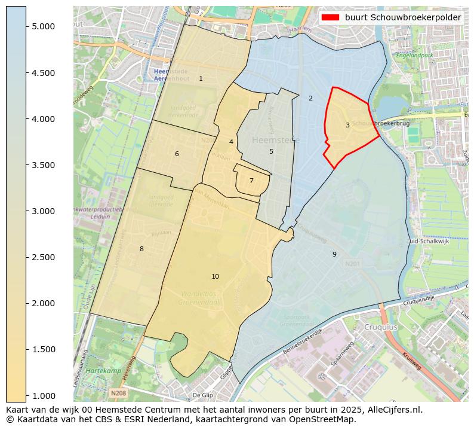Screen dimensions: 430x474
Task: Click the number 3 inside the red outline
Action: [347, 125]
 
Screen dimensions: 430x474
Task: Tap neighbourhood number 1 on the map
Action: [201, 78]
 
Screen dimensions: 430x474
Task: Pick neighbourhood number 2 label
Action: [310, 98]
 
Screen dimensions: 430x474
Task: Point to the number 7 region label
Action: [251, 181]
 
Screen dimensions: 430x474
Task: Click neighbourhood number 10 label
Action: [215, 276]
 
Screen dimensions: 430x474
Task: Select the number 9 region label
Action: [334, 254]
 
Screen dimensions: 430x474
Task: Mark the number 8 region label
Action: [141, 249]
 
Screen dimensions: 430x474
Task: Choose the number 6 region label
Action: [177, 154]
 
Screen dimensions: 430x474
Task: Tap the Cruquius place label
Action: [381, 328]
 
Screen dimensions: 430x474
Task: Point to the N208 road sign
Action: [118, 393]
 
